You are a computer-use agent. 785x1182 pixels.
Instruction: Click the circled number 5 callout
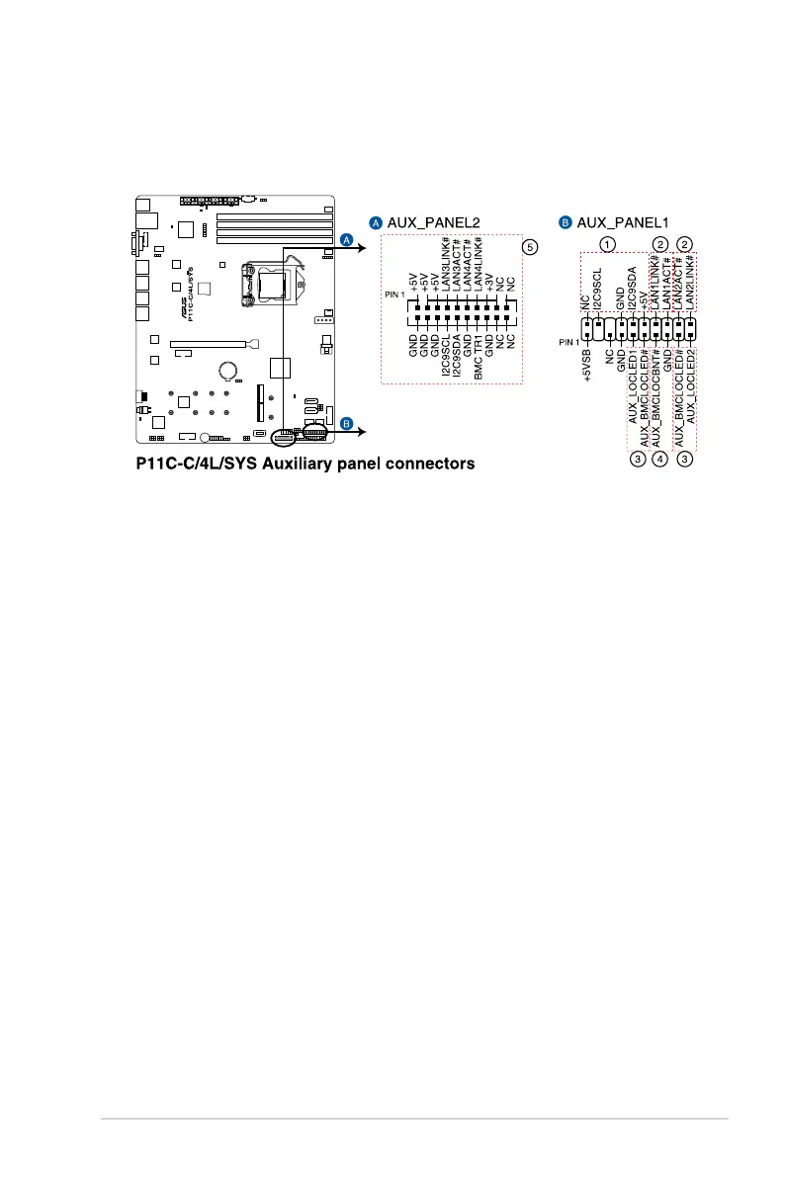click(x=531, y=247)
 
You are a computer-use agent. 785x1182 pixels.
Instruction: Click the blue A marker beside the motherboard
click(x=346, y=240)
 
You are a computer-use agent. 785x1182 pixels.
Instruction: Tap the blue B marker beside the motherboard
click(x=346, y=424)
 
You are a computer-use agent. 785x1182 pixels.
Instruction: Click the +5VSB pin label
click(x=586, y=366)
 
